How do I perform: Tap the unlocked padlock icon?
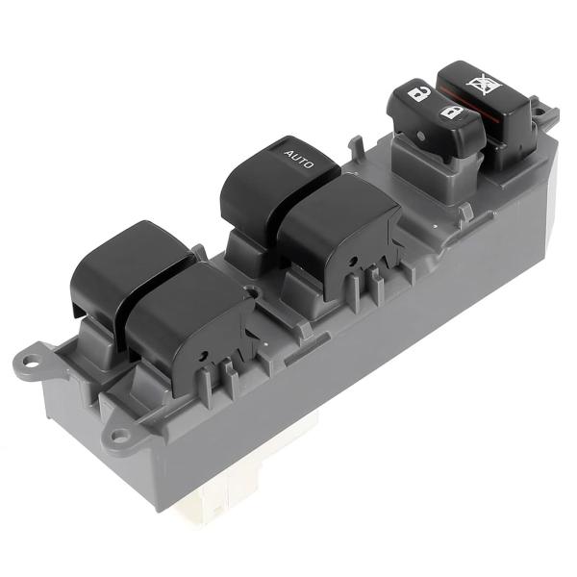point(418,94)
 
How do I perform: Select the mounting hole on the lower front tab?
point(119,436)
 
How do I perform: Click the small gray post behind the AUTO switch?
point(357,146)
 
